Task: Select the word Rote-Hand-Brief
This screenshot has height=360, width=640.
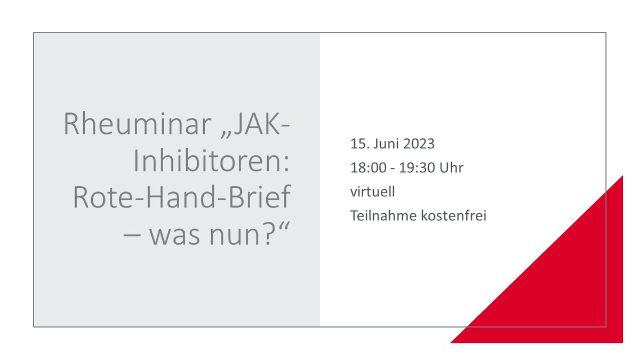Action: pos(182,198)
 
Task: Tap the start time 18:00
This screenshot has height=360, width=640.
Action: pos(367,168)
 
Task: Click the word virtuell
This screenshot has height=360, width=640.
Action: pos(373,192)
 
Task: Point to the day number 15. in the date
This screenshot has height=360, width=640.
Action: pos(358,144)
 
